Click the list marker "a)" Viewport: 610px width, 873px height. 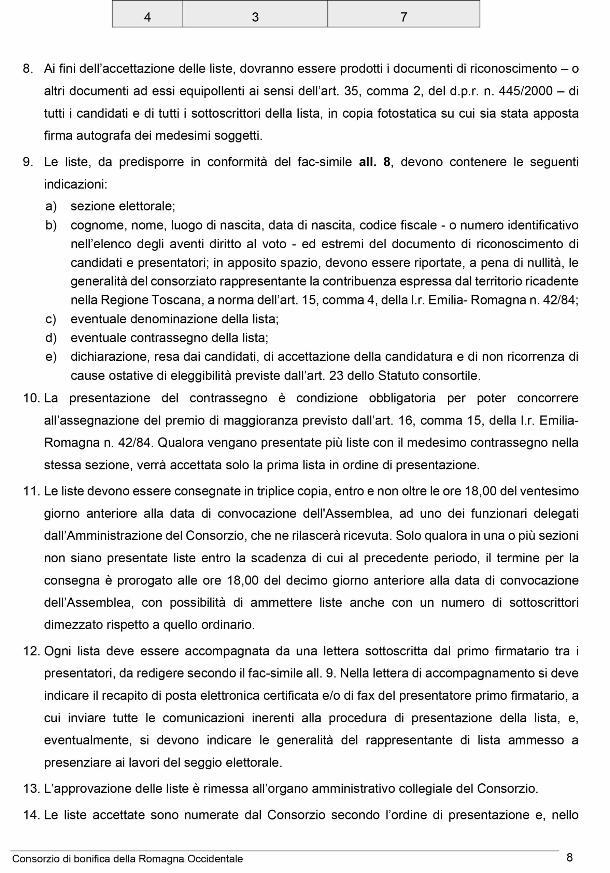click(x=51, y=206)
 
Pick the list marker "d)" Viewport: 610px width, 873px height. click(x=51, y=338)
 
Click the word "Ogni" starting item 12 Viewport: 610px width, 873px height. click(x=57, y=651)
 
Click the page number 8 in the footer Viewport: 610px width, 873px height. click(x=570, y=857)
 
